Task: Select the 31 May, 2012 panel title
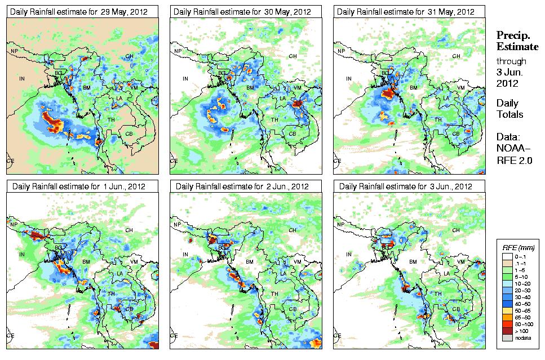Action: (x=404, y=12)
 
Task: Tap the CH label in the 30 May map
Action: (x=293, y=56)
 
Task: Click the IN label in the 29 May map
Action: (x=23, y=79)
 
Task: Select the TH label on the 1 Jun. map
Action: (x=111, y=294)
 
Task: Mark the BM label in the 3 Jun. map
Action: (x=413, y=262)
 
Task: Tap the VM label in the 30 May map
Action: (x=298, y=87)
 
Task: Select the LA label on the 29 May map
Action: (x=119, y=99)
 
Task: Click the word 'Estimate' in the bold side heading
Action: (x=517, y=46)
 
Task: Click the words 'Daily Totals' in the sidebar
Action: (x=509, y=109)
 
